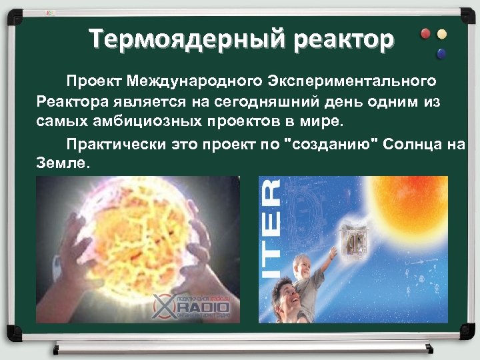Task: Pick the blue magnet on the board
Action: (x=440, y=52)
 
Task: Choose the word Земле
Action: (x=61, y=163)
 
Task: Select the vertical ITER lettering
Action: (x=271, y=229)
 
